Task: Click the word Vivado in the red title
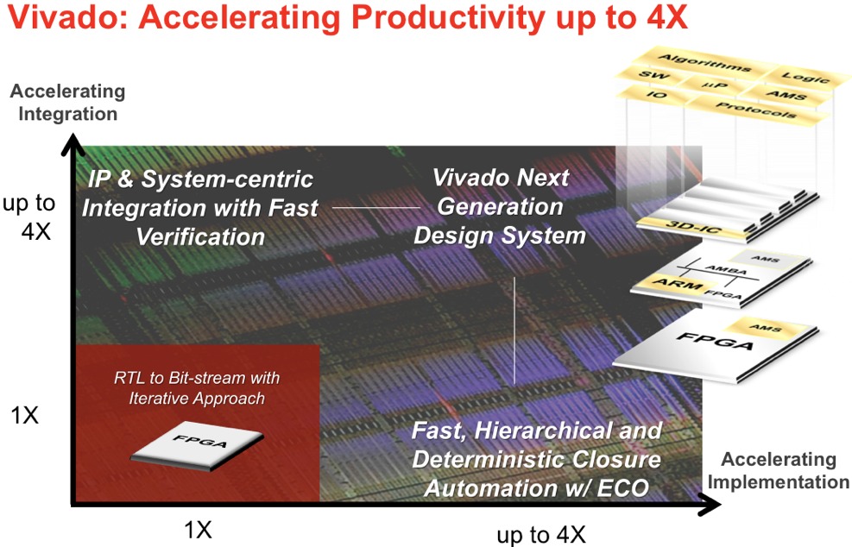tap(66, 18)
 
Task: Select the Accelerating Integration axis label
tap(68, 102)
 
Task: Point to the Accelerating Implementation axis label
tap(778, 470)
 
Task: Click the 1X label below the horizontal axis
tap(198, 530)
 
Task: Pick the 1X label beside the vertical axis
tap(25, 416)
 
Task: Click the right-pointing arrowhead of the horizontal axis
tap(710, 505)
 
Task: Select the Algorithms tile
tap(704, 64)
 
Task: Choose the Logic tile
tap(805, 77)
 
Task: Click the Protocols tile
tap(756, 110)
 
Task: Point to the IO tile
tap(658, 95)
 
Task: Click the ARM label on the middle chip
tap(677, 284)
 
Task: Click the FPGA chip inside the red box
tap(197, 445)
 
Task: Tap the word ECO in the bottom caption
tap(622, 487)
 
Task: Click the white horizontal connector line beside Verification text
tap(376, 208)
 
